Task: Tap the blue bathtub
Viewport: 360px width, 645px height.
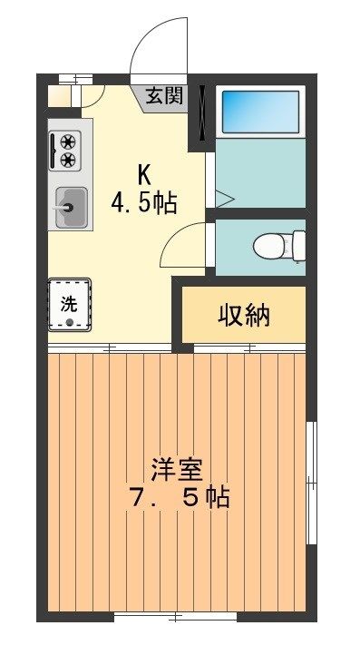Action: pos(260,112)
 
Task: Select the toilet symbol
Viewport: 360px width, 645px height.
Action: pos(279,247)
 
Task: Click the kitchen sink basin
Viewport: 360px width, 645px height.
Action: pos(71,208)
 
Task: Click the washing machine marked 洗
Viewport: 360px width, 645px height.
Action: pos(69,305)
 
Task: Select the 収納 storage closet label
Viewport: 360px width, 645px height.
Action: pos(244,316)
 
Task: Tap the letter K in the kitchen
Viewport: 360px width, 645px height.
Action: pos(144,177)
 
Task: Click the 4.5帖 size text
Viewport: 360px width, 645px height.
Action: pos(144,203)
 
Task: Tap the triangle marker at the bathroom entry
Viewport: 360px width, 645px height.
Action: pos(225,199)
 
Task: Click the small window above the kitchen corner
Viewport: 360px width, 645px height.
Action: pos(75,79)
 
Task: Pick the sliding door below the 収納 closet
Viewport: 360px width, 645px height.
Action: pos(249,348)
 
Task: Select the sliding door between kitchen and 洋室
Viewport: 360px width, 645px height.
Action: pos(110,348)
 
